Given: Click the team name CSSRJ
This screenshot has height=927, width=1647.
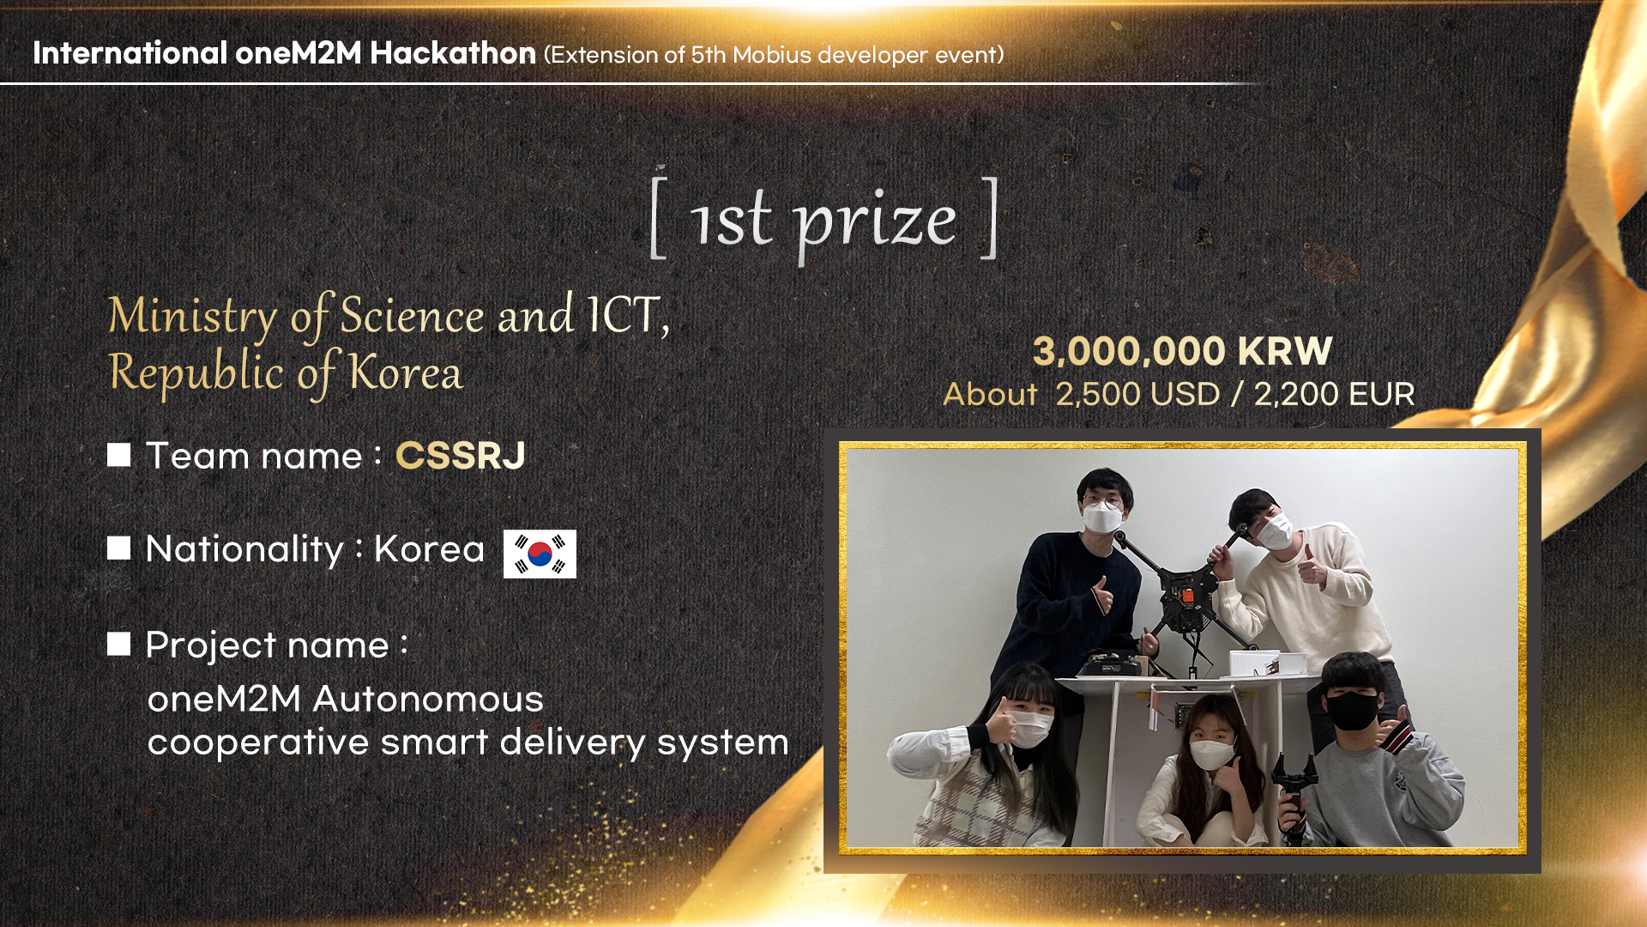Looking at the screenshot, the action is [461, 456].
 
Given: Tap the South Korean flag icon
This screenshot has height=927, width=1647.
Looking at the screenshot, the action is [540, 554].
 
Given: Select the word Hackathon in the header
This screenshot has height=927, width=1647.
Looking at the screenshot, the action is [453, 53].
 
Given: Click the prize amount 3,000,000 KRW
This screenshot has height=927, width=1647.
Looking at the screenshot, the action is [1182, 351].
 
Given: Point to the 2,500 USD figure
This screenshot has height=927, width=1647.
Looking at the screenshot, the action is [1137, 394].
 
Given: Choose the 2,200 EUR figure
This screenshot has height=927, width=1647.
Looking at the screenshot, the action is [1334, 394].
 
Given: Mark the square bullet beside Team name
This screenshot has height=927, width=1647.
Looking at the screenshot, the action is [119, 455].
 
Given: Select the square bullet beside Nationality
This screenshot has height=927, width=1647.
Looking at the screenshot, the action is [119, 548].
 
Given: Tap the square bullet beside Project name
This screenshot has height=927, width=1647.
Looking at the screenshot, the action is [119, 644].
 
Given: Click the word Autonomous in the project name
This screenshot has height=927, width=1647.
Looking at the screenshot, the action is [428, 699].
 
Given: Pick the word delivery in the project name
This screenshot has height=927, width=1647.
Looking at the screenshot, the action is [572, 743].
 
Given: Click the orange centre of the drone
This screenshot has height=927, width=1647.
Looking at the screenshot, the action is [1187, 595].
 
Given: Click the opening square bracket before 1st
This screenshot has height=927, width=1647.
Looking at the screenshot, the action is [659, 217].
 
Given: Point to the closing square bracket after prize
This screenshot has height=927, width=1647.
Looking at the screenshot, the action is [990, 217].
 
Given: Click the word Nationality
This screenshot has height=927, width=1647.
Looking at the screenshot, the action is [244, 549].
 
